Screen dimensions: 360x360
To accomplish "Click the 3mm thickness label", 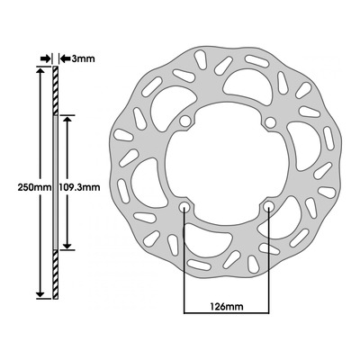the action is tap(83, 58).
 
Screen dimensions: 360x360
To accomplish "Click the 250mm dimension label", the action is tap(34, 187).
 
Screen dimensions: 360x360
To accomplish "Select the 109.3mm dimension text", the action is tap(79, 187).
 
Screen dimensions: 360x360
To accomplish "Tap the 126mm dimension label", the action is tap(227, 307).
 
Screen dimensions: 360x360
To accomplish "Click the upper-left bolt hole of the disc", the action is tap(185, 121).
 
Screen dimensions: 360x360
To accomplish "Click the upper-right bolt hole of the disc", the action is tap(271, 122).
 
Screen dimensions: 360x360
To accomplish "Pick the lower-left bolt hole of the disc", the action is tap(184, 207).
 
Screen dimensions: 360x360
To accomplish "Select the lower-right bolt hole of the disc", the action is tap(268, 206).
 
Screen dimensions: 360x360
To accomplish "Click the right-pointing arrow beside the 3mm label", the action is tap(46, 58).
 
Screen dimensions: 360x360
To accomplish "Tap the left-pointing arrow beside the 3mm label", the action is tap(65, 58).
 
